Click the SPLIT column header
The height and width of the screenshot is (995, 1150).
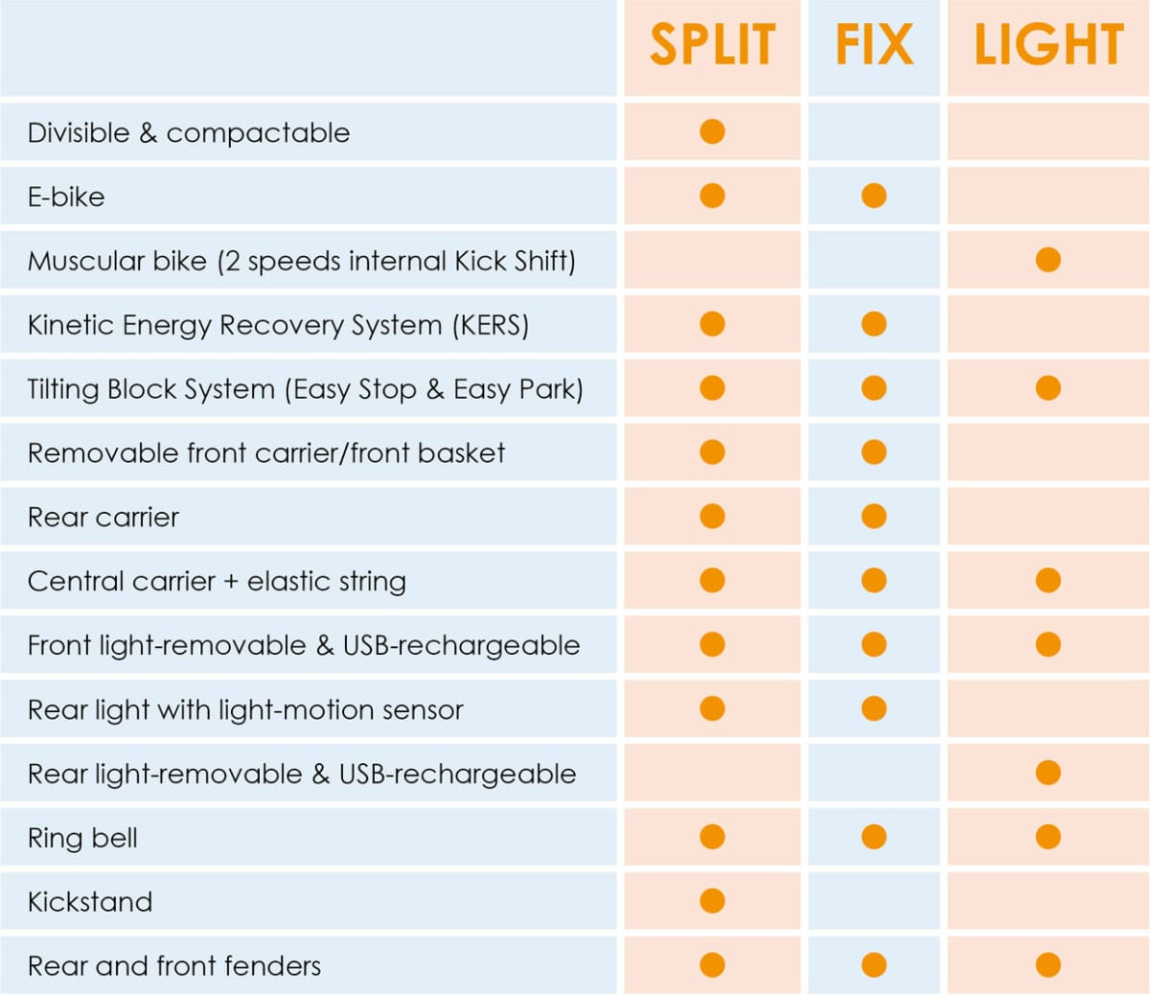(712, 45)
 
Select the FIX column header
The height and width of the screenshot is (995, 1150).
(874, 45)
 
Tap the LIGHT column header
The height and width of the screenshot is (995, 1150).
(1048, 45)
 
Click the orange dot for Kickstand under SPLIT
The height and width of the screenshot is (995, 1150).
(712, 901)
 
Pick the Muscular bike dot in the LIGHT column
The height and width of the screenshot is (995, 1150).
(1048, 260)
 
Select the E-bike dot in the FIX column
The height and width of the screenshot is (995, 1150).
(874, 196)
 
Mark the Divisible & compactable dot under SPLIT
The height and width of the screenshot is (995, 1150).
(712, 131)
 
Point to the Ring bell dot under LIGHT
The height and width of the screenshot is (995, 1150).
(1048, 837)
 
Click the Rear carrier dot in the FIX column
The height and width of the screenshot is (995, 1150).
(874, 517)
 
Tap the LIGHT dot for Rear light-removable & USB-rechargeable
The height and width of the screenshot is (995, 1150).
(1048, 773)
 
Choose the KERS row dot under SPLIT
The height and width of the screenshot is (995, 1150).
(712, 324)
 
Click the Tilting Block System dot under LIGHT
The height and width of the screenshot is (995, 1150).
(1048, 388)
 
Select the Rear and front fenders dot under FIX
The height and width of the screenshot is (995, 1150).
(874, 965)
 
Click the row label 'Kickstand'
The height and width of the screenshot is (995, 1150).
(90, 902)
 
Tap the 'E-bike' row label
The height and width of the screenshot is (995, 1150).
(66, 197)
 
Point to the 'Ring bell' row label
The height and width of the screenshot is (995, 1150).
(82, 838)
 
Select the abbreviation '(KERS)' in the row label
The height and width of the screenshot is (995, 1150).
(490, 325)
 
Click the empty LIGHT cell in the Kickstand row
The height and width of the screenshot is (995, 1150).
(1048, 901)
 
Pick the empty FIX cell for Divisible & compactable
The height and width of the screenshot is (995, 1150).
(874, 131)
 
